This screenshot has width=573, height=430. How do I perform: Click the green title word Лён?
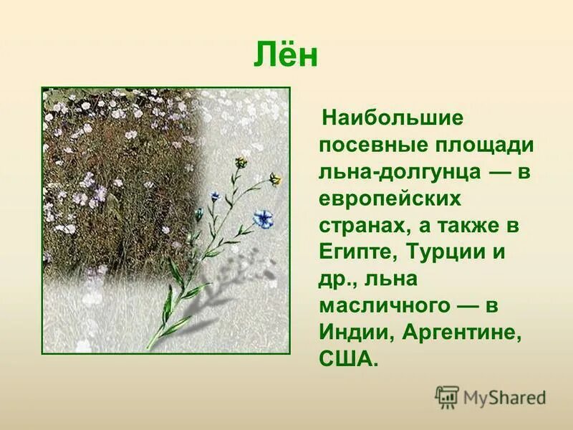point(286,57)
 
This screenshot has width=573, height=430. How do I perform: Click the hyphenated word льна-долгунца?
point(397,172)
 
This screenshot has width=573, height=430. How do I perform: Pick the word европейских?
point(390,199)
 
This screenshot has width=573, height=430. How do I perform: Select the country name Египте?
point(355,253)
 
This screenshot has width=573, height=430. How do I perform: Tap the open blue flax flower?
point(263,218)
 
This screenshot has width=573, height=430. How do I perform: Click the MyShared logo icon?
point(447,397)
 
